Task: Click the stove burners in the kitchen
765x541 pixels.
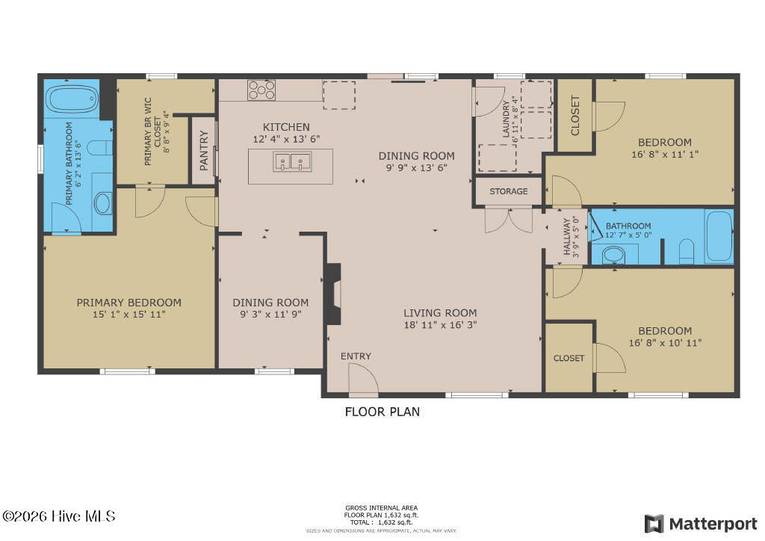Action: [261, 90]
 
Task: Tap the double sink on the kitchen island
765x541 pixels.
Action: [291, 161]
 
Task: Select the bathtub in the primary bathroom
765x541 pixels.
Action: [72, 98]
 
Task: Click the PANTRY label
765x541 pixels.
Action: [203, 150]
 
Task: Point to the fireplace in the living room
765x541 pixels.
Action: [333, 293]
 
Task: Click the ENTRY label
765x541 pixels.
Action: [356, 356]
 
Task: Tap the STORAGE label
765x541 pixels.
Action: [508, 191]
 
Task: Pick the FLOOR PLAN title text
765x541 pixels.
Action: [382, 411]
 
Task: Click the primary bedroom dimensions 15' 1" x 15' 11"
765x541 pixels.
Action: [128, 315]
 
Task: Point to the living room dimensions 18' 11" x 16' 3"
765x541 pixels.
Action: [440, 325]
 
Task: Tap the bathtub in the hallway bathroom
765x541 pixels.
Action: [719, 236]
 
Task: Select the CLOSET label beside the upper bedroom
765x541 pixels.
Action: [575, 116]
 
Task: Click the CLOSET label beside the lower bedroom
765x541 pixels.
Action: [569, 358]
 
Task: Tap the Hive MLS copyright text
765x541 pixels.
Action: [59, 516]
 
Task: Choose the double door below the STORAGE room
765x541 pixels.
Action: [508, 220]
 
